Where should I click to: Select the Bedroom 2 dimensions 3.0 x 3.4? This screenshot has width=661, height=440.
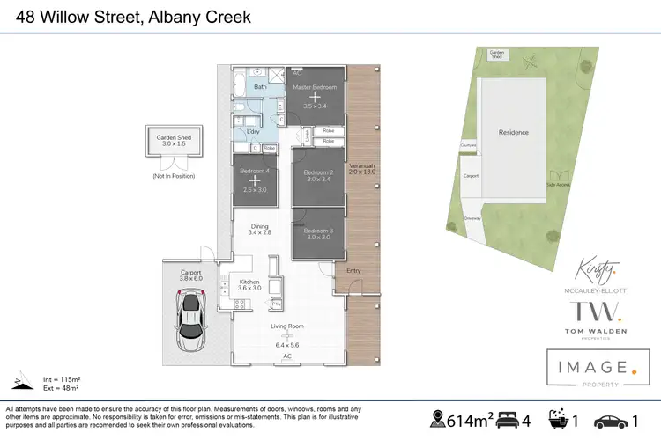(x=317, y=179)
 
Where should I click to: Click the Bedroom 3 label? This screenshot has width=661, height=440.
(x=317, y=229)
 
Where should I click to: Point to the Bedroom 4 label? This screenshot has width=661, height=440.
(x=254, y=171)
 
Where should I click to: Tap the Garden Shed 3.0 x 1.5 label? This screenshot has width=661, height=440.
(x=174, y=140)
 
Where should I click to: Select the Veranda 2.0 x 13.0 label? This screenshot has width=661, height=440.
(x=362, y=169)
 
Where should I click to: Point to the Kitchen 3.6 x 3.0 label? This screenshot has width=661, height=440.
(x=250, y=283)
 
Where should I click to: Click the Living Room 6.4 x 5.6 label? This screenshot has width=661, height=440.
(x=286, y=329)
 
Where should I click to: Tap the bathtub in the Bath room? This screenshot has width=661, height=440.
(x=240, y=86)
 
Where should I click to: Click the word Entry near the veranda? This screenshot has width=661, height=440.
(x=353, y=271)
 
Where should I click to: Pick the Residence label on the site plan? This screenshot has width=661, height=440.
(x=514, y=133)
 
